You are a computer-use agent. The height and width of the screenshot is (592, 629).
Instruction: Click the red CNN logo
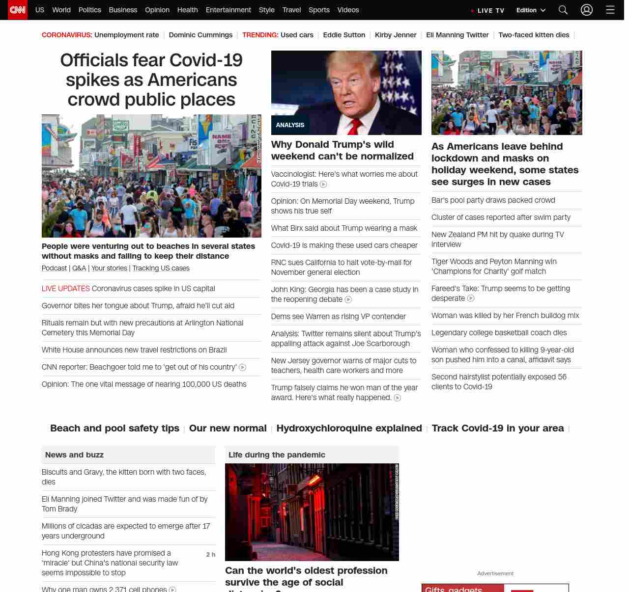[x=18, y=10]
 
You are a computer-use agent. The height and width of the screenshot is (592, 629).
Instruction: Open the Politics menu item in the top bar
[x=89, y=10]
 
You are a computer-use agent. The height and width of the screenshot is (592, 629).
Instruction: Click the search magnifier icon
[x=563, y=10]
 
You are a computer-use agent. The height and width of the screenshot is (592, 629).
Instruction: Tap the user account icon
[x=587, y=10]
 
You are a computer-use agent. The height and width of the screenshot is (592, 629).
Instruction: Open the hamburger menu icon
[x=610, y=10]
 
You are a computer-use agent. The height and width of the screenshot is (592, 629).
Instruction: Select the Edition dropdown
[x=531, y=10]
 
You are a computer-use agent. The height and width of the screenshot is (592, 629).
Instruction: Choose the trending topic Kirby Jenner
[x=396, y=35]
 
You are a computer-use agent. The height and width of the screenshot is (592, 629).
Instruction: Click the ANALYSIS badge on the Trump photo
[x=290, y=125]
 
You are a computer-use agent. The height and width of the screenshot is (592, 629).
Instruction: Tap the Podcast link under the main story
[x=54, y=268]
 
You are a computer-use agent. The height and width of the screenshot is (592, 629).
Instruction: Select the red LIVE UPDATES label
[x=66, y=289]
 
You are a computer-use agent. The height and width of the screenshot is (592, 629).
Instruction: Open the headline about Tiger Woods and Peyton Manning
[x=494, y=267]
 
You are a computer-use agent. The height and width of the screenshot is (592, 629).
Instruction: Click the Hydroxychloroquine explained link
[x=349, y=428]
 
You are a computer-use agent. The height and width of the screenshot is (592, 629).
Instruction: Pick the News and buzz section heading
[x=75, y=455]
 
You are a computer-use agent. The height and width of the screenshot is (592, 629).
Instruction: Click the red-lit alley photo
[x=312, y=512]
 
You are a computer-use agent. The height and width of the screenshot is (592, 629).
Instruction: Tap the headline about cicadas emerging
[x=126, y=531]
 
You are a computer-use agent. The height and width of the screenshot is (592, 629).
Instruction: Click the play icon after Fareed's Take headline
[x=471, y=298]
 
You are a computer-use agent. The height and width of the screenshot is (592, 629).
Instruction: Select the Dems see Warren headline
[x=339, y=317]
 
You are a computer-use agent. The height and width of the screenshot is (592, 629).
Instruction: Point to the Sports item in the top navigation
[x=319, y=10]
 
